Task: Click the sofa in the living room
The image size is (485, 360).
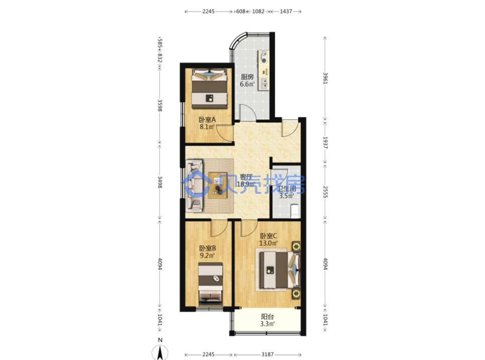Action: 194,186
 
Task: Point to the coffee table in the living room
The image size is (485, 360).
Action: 218,185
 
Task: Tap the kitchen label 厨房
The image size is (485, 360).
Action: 247,77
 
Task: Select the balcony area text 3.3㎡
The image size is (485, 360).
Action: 268,324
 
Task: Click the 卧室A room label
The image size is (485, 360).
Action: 207,119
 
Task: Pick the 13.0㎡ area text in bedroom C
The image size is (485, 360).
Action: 268,243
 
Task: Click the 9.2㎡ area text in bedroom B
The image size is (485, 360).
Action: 207,256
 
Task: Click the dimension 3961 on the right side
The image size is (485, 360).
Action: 325,78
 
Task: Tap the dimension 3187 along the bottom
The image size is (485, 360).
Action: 267,354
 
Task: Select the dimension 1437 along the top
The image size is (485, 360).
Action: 286,12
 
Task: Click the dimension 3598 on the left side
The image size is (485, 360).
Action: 160,105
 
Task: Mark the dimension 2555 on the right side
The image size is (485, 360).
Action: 325,192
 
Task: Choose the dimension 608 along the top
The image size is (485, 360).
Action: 240,12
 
